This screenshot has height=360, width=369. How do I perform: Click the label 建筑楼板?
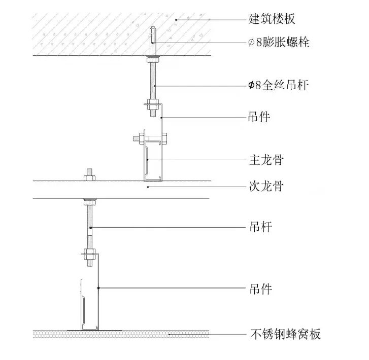pos(272,19)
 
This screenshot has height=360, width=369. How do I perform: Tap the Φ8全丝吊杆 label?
pos(279,86)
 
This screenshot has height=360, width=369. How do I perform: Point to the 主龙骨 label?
pos(266,160)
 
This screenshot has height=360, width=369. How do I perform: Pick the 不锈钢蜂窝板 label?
pos(286,334)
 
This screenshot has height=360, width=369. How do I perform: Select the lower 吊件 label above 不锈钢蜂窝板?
pos(260,290)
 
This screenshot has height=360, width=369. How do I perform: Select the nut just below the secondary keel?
pos(89,201)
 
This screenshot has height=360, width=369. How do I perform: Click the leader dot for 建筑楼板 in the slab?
pos(176,19)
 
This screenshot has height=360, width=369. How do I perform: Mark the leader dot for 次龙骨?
pos(147,187)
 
